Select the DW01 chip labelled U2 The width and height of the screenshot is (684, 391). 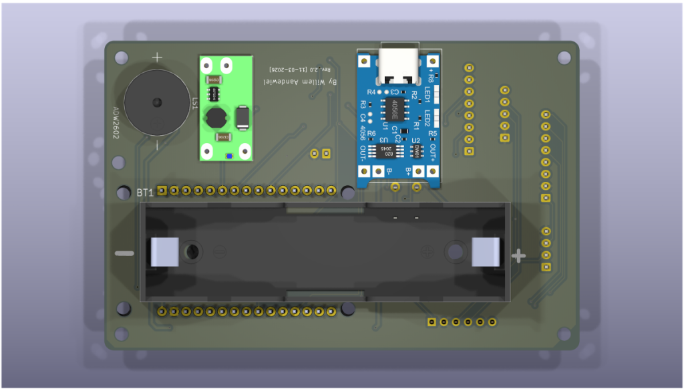coord(417,151)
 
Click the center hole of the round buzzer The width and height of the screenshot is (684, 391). coord(157,102)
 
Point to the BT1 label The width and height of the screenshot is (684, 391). coord(145,192)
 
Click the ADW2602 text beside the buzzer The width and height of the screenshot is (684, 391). coord(115,124)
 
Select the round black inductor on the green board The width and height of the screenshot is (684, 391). coord(215,118)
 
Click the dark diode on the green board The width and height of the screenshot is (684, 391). coord(243,119)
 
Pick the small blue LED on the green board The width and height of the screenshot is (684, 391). coord(228,156)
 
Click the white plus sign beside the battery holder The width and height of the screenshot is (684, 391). coord(518,255)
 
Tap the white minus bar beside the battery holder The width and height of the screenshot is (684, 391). coord(124,254)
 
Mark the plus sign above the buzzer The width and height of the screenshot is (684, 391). coord(157,57)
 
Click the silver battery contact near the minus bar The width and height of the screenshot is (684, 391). coord(164,252)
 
